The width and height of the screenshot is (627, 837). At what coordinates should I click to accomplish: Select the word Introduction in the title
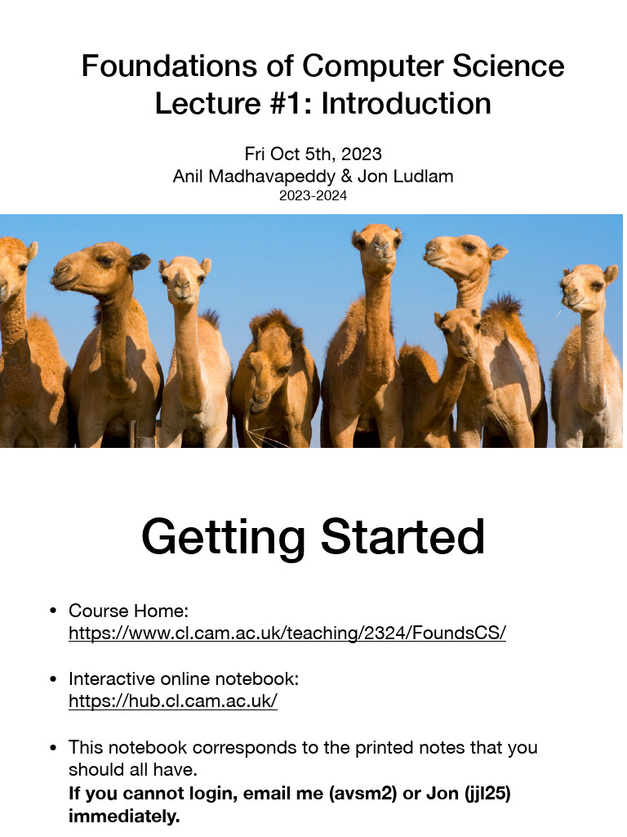pyautogui.click(x=406, y=104)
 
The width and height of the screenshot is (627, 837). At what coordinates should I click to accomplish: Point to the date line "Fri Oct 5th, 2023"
pyautogui.click(x=313, y=154)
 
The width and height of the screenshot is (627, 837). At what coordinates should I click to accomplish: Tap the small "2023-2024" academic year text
pyautogui.click(x=313, y=195)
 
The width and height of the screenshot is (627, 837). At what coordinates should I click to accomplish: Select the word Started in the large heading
pyautogui.click(x=403, y=537)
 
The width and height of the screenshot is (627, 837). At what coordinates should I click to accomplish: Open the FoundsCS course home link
pyautogui.click(x=287, y=633)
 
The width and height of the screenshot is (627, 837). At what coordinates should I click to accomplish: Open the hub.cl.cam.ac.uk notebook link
pyautogui.click(x=173, y=701)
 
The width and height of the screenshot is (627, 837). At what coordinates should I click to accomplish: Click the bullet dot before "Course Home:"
pyautogui.click(x=53, y=611)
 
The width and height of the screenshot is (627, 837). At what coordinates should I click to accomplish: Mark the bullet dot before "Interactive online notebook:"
pyautogui.click(x=53, y=679)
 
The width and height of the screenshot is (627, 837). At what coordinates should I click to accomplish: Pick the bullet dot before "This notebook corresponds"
pyautogui.click(x=53, y=747)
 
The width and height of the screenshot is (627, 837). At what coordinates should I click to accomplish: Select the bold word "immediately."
pyautogui.click(x=124, y=817)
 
